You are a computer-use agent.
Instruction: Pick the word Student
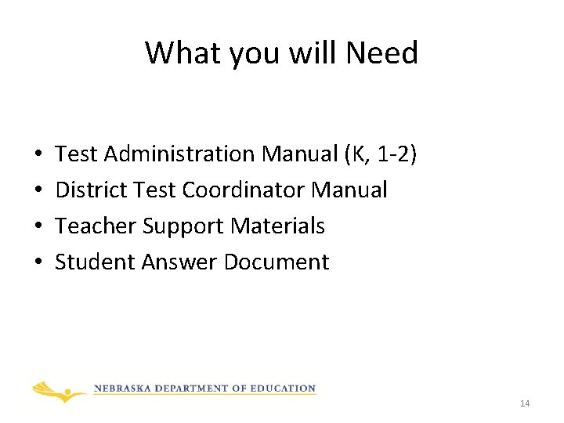(x=95, y=262)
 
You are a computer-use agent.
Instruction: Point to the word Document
(x=277, y=262)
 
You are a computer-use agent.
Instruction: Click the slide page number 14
(x=525, y=403)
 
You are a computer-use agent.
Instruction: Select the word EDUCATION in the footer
(x=284, y=389)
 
